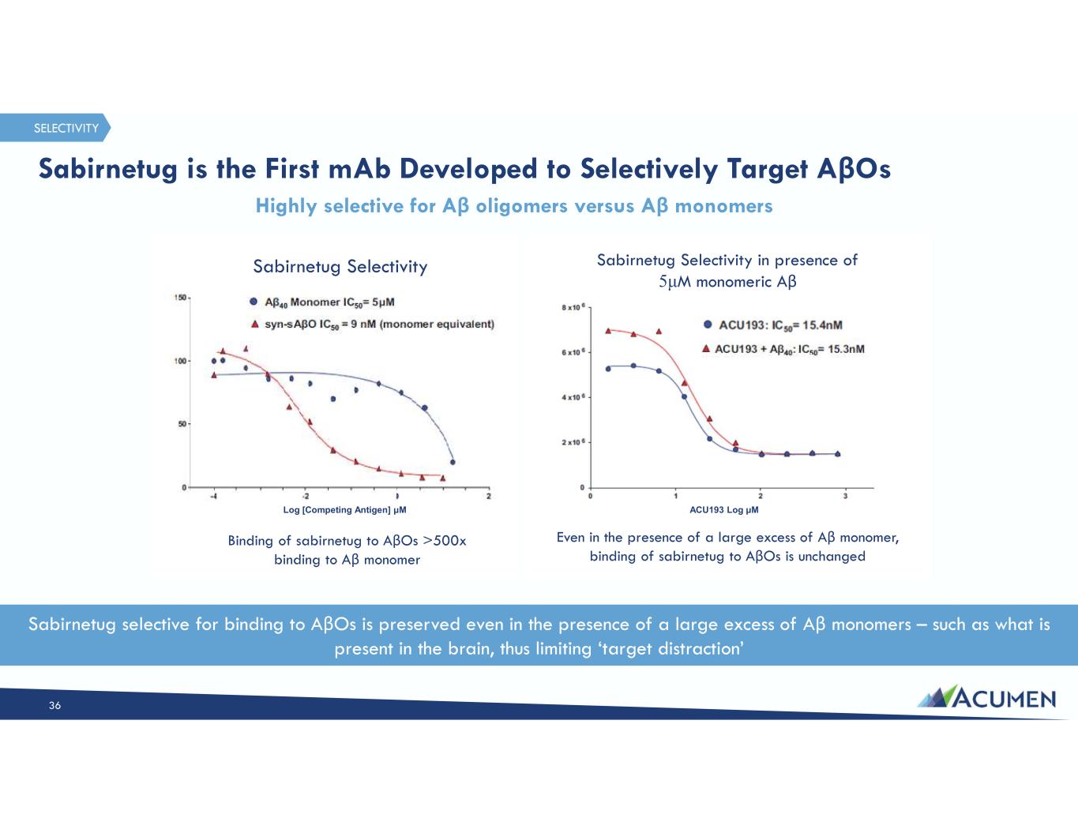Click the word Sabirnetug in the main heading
coord(107,170)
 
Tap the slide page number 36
coord(54,705)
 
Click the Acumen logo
coord(986,698)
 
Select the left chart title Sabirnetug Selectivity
coord(340,266)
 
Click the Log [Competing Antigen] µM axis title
coord(345,510)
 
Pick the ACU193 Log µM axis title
coord(723,510)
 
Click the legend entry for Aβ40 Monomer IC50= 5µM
coord(322,302)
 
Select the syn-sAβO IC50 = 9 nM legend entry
coord(372,325)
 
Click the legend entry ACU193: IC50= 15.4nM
coord(773,325)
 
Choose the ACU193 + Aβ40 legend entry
coord(783,349)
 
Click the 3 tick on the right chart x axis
coord(845,496)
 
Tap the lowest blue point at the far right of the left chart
coord(453,462)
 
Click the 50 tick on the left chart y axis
coord(181,424)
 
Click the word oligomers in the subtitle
coord(521,206)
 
